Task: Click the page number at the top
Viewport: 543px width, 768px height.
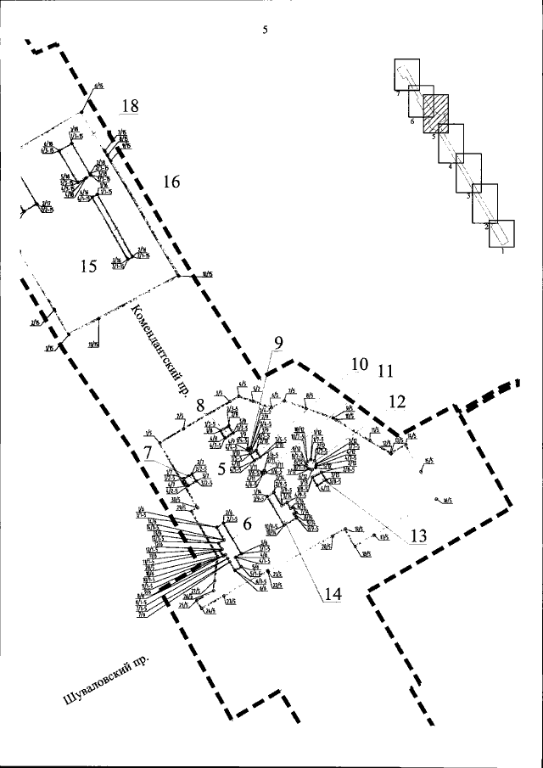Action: coord(266,29)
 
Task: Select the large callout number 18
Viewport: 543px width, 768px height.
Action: coord(130,106)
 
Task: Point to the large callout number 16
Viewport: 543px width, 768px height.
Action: coord(171,182)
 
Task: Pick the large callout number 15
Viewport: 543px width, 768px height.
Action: coord(89,266)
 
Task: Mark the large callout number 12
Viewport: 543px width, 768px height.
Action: coord(397,401)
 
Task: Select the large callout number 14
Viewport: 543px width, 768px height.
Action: coord(332,594)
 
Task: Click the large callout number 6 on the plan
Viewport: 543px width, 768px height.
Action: coord(247,524)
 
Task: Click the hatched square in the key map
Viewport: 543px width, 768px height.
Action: coord(435,109)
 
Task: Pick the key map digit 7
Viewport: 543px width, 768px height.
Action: coord(397,94)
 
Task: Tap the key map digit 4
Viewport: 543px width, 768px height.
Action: coord(450,167)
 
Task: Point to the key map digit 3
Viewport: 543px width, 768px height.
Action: coord(467,196)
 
